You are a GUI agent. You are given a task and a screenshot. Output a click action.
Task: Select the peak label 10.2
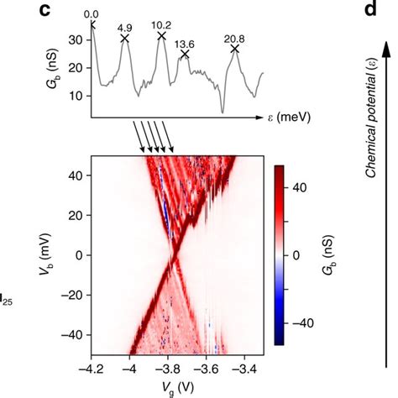pyautogui.click(x=161, y=24)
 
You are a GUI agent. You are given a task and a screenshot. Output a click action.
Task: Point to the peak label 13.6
pyautogui.click(x=184, y=44)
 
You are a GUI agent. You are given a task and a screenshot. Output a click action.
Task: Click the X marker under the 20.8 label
pyautogui.click(x=235, y=50)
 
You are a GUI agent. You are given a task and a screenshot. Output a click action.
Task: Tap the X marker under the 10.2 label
pyautogui.click(x=161, y=36)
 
